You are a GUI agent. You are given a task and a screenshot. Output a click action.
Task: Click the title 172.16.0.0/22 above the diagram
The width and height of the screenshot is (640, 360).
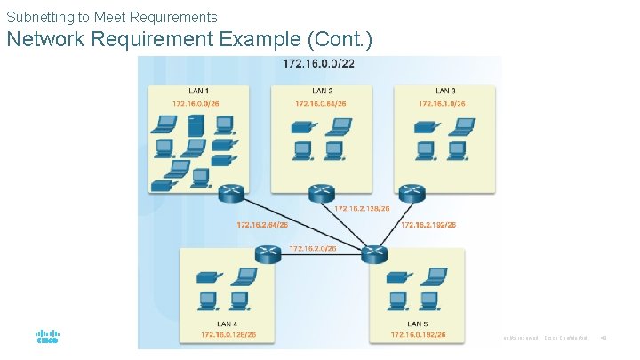318,63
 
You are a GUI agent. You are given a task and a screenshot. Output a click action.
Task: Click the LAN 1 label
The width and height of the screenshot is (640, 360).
199,91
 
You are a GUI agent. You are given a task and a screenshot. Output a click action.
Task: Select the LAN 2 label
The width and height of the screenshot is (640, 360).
323,91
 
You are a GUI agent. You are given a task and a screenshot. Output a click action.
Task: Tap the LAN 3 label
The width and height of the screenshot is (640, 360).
445,91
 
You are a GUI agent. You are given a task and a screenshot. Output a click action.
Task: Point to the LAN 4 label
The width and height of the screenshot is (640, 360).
228,324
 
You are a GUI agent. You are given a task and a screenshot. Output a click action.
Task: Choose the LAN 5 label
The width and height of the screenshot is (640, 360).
418,324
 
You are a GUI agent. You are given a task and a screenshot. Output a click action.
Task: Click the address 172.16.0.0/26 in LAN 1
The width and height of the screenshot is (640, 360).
196,104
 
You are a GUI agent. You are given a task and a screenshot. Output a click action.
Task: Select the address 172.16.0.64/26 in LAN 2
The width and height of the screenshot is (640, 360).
320,104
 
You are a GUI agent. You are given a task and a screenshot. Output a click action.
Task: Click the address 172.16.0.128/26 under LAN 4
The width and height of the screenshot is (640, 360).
228,335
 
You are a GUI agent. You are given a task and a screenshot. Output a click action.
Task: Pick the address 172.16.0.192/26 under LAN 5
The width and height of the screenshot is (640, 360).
419,335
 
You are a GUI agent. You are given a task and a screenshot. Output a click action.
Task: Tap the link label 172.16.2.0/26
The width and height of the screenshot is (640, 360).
313,249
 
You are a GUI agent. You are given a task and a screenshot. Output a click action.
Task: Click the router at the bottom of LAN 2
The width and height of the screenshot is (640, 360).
321,194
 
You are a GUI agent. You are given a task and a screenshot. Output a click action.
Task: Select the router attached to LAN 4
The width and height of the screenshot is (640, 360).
268,254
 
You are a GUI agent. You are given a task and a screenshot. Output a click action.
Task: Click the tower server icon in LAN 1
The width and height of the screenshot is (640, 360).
196,126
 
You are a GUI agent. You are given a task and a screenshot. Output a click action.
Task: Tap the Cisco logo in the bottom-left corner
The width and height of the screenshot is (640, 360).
47,338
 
